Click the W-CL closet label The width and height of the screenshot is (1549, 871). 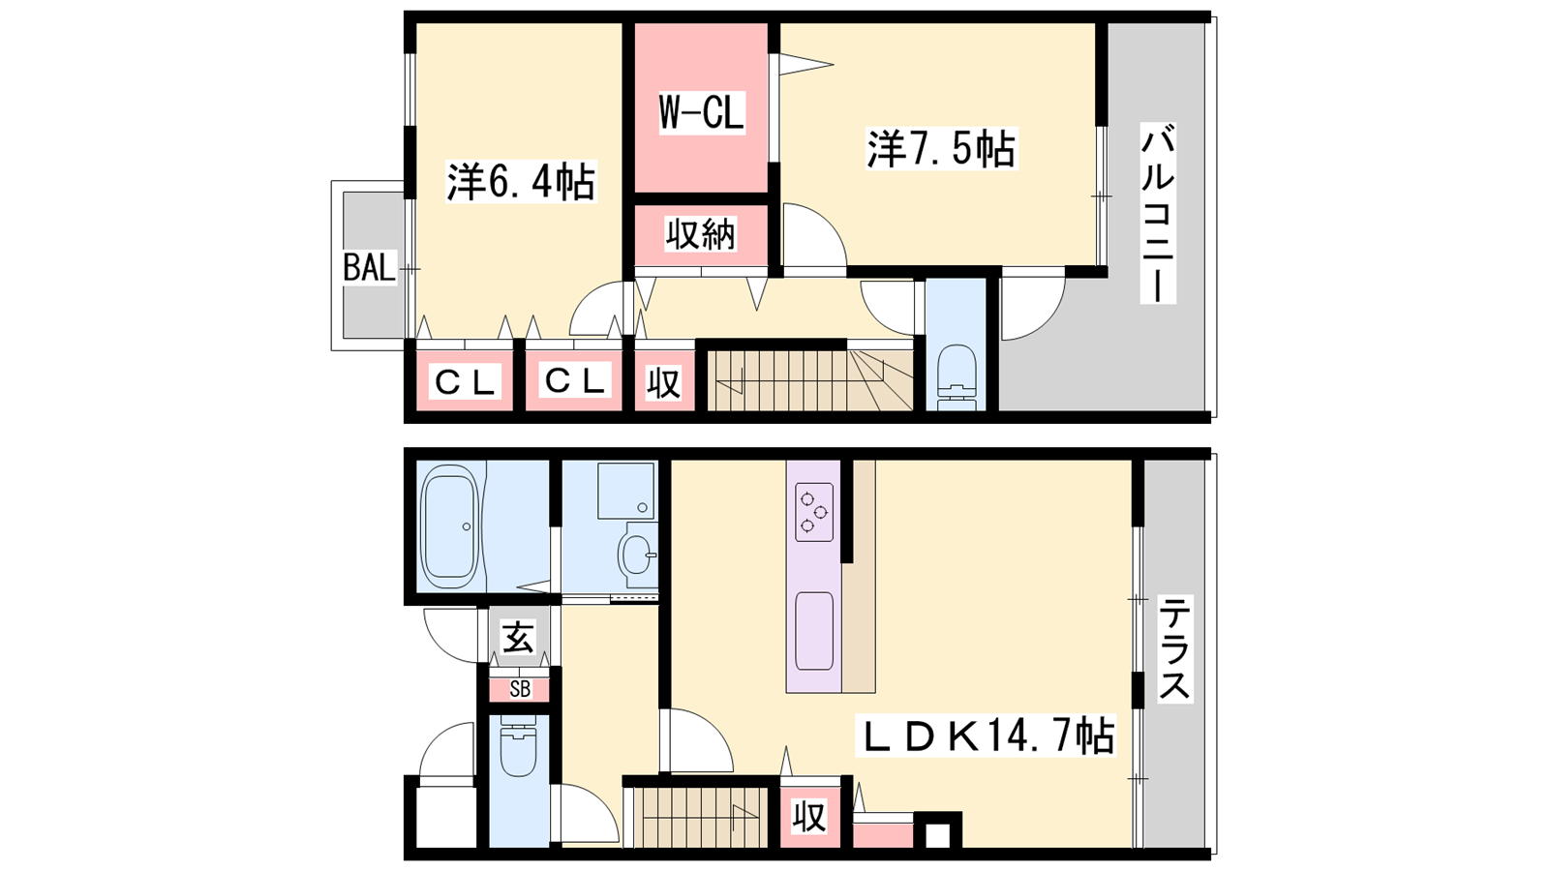[701, 112]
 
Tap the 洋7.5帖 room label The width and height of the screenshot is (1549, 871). [941, 149]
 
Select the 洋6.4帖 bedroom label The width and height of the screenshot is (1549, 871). [521, 182]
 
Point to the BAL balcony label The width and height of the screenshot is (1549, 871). [370, 267]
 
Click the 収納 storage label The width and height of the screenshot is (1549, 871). [701, 234]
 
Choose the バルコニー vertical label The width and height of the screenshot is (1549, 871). [1158, 213]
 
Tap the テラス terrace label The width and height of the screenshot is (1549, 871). [1175, 649]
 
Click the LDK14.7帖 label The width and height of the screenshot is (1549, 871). [986, 736]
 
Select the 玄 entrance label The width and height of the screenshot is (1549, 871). [519, 637]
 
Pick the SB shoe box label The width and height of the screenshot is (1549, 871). [520, 689]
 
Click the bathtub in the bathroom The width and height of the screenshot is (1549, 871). [451, 526]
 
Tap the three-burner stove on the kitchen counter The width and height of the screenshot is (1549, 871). [814, 512]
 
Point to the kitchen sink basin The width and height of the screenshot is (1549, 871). [814, 630]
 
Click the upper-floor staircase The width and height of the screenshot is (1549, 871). [810, 381]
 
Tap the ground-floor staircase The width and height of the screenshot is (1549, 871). [701, 817]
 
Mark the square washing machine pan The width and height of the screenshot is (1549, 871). [625, 491]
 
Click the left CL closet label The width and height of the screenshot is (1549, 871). [465, 382]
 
